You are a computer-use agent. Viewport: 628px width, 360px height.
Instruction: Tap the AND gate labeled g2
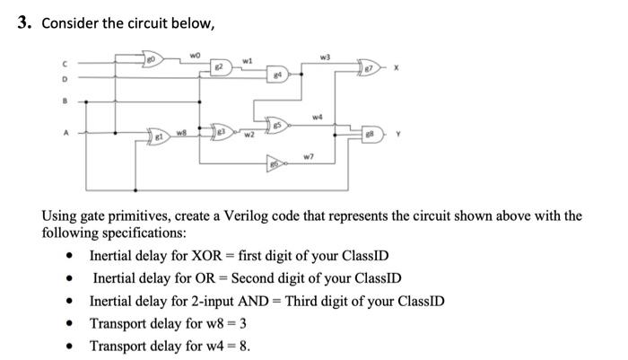click(218, 68)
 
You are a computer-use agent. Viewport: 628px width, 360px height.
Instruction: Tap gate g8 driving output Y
click(371, 134)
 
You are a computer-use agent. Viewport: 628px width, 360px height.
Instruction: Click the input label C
click(64, 61)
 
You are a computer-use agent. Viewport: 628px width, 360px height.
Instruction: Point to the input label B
click(64, 101)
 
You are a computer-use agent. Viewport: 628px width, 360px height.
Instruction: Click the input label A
click(64, 133)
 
